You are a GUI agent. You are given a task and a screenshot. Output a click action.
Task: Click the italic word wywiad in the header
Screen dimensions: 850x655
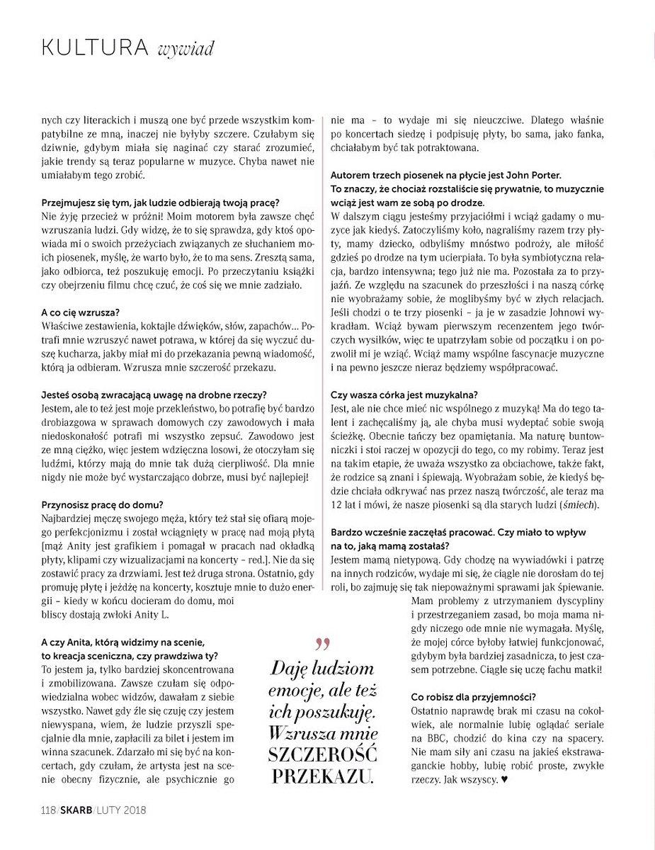point(186,49)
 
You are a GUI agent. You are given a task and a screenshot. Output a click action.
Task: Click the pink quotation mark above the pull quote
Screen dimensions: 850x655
point(322,645)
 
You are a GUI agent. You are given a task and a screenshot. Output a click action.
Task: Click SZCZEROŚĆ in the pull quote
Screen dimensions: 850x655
point(324,754)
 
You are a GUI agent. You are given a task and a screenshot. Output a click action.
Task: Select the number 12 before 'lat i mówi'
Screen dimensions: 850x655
point(338,504)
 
